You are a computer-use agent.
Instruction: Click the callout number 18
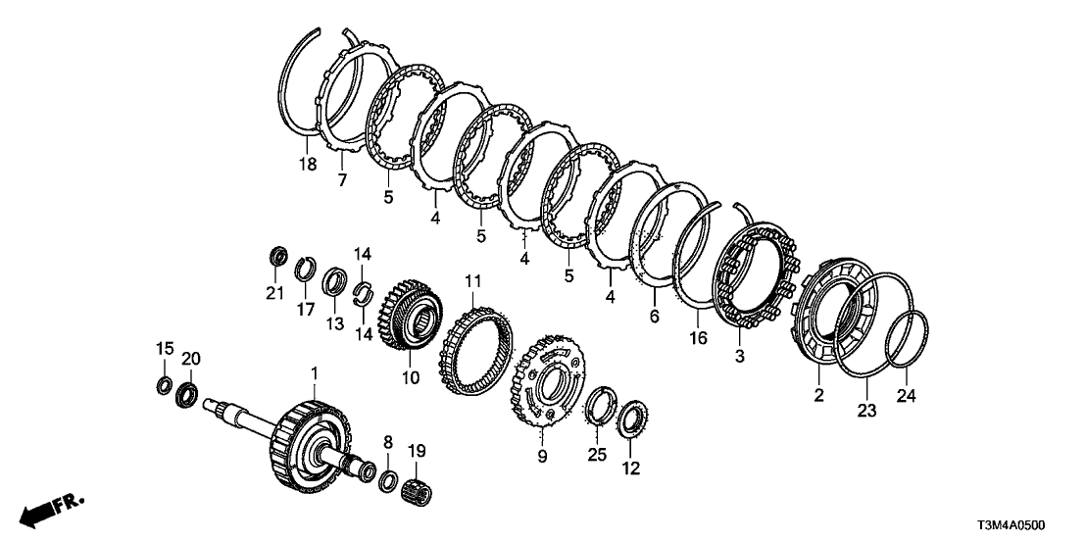(308, 164)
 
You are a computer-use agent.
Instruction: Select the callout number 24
(907, 395)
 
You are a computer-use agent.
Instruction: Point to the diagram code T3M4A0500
(1012, 526)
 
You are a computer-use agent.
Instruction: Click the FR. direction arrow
(51, 509)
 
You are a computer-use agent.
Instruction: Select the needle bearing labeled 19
(418, 491)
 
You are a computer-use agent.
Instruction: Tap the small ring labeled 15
(164, 384)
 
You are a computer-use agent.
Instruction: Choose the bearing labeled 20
(187, 395)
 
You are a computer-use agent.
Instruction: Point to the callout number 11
(472, 281)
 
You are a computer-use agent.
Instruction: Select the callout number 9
(542, 457)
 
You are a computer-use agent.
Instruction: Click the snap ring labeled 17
(306, 270)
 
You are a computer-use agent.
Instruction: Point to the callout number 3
(739, 358)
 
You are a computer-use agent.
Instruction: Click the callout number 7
(342, 181)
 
